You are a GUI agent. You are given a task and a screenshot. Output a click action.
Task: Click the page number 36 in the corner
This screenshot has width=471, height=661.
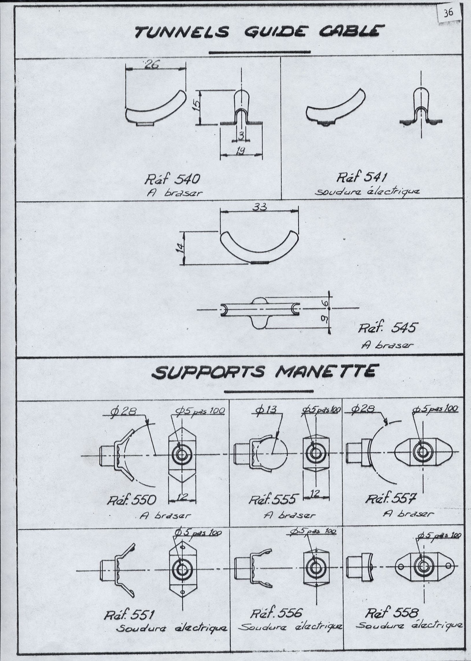click(x=448, y=13)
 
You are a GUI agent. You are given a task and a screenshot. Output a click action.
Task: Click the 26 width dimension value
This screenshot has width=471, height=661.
click(x=151, y=65)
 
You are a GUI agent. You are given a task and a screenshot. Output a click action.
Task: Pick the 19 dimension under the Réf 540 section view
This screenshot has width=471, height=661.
click(x=240, y=151)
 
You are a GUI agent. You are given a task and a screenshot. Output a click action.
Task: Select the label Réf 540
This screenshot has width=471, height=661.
click(x=172, y=179)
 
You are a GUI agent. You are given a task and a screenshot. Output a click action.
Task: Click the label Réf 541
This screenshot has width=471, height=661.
click(x=362, y=177)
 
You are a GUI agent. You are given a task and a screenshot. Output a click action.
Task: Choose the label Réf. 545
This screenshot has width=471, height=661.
click(x=388, y=328)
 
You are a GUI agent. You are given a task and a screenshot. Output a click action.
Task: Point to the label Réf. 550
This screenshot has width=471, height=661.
click(x=131, y=500)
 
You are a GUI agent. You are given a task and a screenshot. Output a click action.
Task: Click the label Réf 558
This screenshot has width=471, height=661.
click(x=391, y=613)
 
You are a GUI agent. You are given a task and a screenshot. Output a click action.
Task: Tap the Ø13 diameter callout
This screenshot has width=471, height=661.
click(x=266, y=410)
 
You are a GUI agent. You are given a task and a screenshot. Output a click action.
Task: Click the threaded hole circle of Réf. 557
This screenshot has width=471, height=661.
click(x=422, y=451)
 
